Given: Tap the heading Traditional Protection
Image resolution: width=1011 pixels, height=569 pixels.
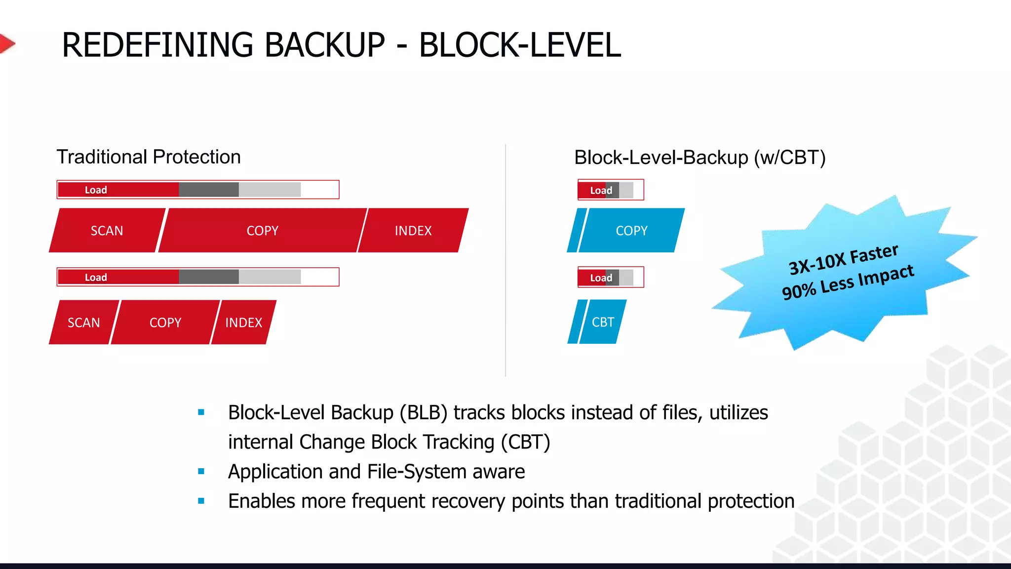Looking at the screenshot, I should click(x=149, y=157).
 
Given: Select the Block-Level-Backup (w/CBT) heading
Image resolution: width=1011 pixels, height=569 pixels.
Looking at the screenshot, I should click(x=700, y=158).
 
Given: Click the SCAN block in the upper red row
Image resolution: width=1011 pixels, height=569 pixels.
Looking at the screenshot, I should click(x=107, y=231).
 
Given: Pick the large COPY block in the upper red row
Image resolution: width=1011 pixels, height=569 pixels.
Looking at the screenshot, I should click(x=262, y=231).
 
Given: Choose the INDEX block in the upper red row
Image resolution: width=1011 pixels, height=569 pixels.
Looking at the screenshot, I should click(x=413, y=231).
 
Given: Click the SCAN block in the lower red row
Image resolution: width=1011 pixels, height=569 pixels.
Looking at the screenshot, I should click(x=83, y=323).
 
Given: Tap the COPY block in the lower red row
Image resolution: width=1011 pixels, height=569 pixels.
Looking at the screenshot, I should click(x=165, y=323).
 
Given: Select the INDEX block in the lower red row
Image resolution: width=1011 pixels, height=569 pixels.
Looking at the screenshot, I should click(x=243, y=323).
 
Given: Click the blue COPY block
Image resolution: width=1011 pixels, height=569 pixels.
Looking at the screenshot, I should click(x=631, y=231).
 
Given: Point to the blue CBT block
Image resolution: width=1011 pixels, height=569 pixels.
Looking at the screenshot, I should click(x=603, y=322).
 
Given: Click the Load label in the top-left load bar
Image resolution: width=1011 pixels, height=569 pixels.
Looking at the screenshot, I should click(x=96, y=190).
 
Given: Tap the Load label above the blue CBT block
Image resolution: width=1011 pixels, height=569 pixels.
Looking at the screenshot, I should click(x=601, y=278).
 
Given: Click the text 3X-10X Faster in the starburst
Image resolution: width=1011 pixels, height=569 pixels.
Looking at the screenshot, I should click(x=843, y=259).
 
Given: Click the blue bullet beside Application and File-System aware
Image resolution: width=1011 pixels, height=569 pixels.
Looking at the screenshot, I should click(x=201, y=471).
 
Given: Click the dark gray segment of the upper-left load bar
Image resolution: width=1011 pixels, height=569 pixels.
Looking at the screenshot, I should click(x=208, y=190).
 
